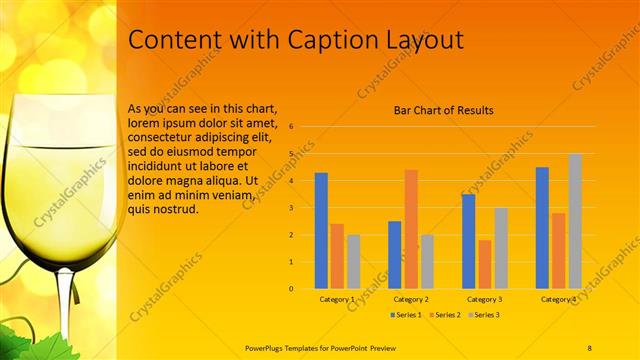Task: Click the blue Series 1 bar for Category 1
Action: point(321,230)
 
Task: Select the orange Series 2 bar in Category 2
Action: point(411,229)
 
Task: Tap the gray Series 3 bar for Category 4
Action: point(575,221)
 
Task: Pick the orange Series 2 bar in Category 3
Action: point(485,264)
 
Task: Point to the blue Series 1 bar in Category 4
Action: point(542,227)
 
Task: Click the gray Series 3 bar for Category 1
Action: point(354,261)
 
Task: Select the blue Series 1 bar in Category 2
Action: point(395,254)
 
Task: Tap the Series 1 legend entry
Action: point(406,315)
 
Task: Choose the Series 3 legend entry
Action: point(484,315)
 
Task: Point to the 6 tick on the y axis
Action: point(290,127)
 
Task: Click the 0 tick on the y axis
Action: point(290,289)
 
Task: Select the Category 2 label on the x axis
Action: point(411,299)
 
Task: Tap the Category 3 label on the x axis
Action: point(485,299)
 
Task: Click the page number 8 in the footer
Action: point(590,346)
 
